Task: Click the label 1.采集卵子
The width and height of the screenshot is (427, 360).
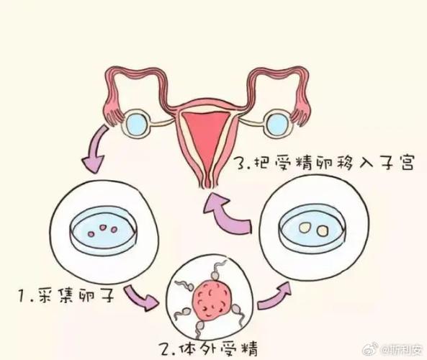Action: click(66, 296)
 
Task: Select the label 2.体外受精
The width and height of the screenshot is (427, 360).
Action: click(208, 348)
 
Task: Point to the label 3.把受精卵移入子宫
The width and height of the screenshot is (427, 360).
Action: click(325, 163)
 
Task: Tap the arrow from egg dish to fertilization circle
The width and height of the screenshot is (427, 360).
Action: click(141, 297)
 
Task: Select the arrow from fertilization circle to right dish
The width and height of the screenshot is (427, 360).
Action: click(274, 296)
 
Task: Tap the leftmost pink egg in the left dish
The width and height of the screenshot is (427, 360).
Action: click(91, 234)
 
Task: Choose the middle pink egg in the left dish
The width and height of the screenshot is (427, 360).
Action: click(103, 227)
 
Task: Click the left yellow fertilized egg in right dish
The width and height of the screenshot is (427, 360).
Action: click(305, 228)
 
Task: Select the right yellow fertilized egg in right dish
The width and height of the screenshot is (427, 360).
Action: click(322, 231)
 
